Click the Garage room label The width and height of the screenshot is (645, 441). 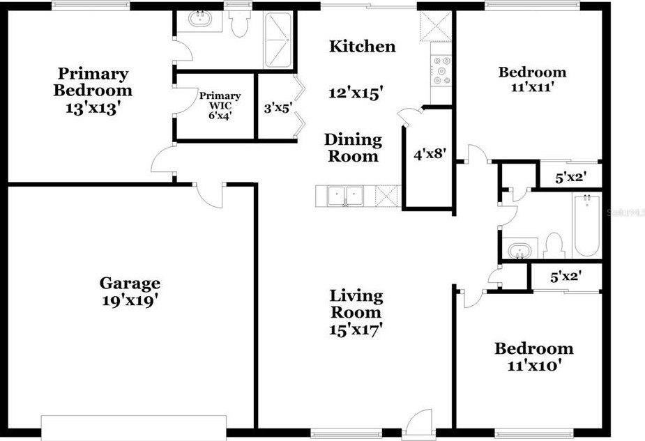click(130, 283)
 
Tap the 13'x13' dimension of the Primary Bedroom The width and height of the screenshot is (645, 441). click(93, 108)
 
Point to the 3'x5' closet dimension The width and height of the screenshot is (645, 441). click(278, 108)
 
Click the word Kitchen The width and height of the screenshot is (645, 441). click(363, 46)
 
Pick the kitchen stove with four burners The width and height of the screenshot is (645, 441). click(441, 70)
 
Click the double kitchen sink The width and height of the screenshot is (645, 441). click(346, 196)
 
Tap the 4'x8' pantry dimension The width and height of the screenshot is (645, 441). click(430, 155)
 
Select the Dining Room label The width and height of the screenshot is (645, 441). click(353, 148)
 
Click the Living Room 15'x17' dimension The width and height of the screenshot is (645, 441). click(356, 330)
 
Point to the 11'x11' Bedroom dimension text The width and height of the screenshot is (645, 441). click(531, 87)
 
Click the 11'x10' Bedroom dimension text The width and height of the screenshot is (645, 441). click(534, 365)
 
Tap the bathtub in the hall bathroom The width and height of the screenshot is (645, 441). click(587, 225)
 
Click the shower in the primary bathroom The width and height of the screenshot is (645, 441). click(278, 40)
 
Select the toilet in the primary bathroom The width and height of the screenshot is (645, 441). click(240, 23)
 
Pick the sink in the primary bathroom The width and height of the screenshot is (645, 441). click(200, 20)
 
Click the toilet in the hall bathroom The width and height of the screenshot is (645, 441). click(553, 246)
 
